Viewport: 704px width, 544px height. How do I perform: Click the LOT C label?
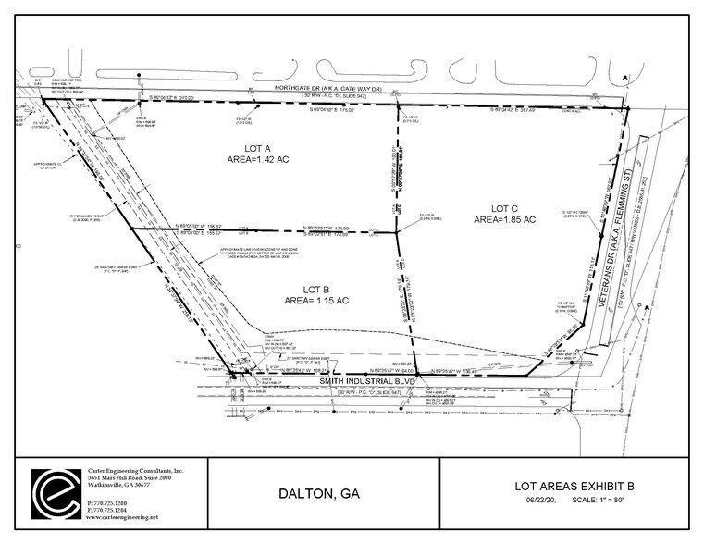pyautogui.click(x=503, y=207)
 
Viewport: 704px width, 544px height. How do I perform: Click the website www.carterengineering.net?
pyautogui.click(x=122, y=516)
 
